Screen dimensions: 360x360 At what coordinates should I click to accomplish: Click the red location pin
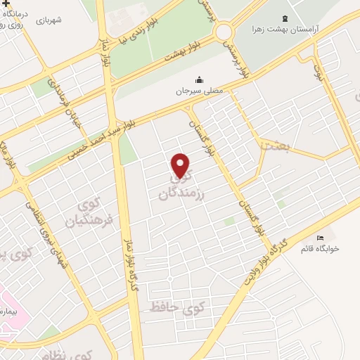181,165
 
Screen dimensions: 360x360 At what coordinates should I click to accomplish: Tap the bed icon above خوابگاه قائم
321,237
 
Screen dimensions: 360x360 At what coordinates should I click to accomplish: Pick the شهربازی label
49,20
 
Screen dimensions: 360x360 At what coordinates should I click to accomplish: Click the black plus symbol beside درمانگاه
6,5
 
